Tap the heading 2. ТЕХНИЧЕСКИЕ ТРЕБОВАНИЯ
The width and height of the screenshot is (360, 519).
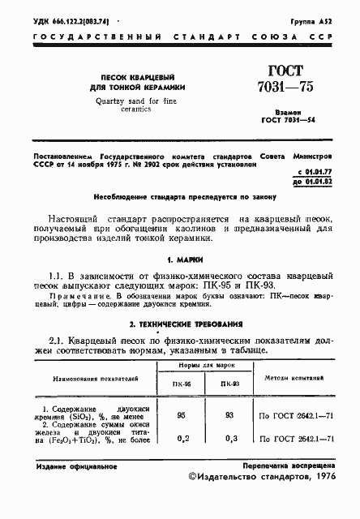coord(179,324)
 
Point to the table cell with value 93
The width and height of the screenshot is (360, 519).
coord(229,414)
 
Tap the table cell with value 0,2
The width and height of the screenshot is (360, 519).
coord(182,439)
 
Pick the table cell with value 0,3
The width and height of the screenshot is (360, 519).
coord(229,439)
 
